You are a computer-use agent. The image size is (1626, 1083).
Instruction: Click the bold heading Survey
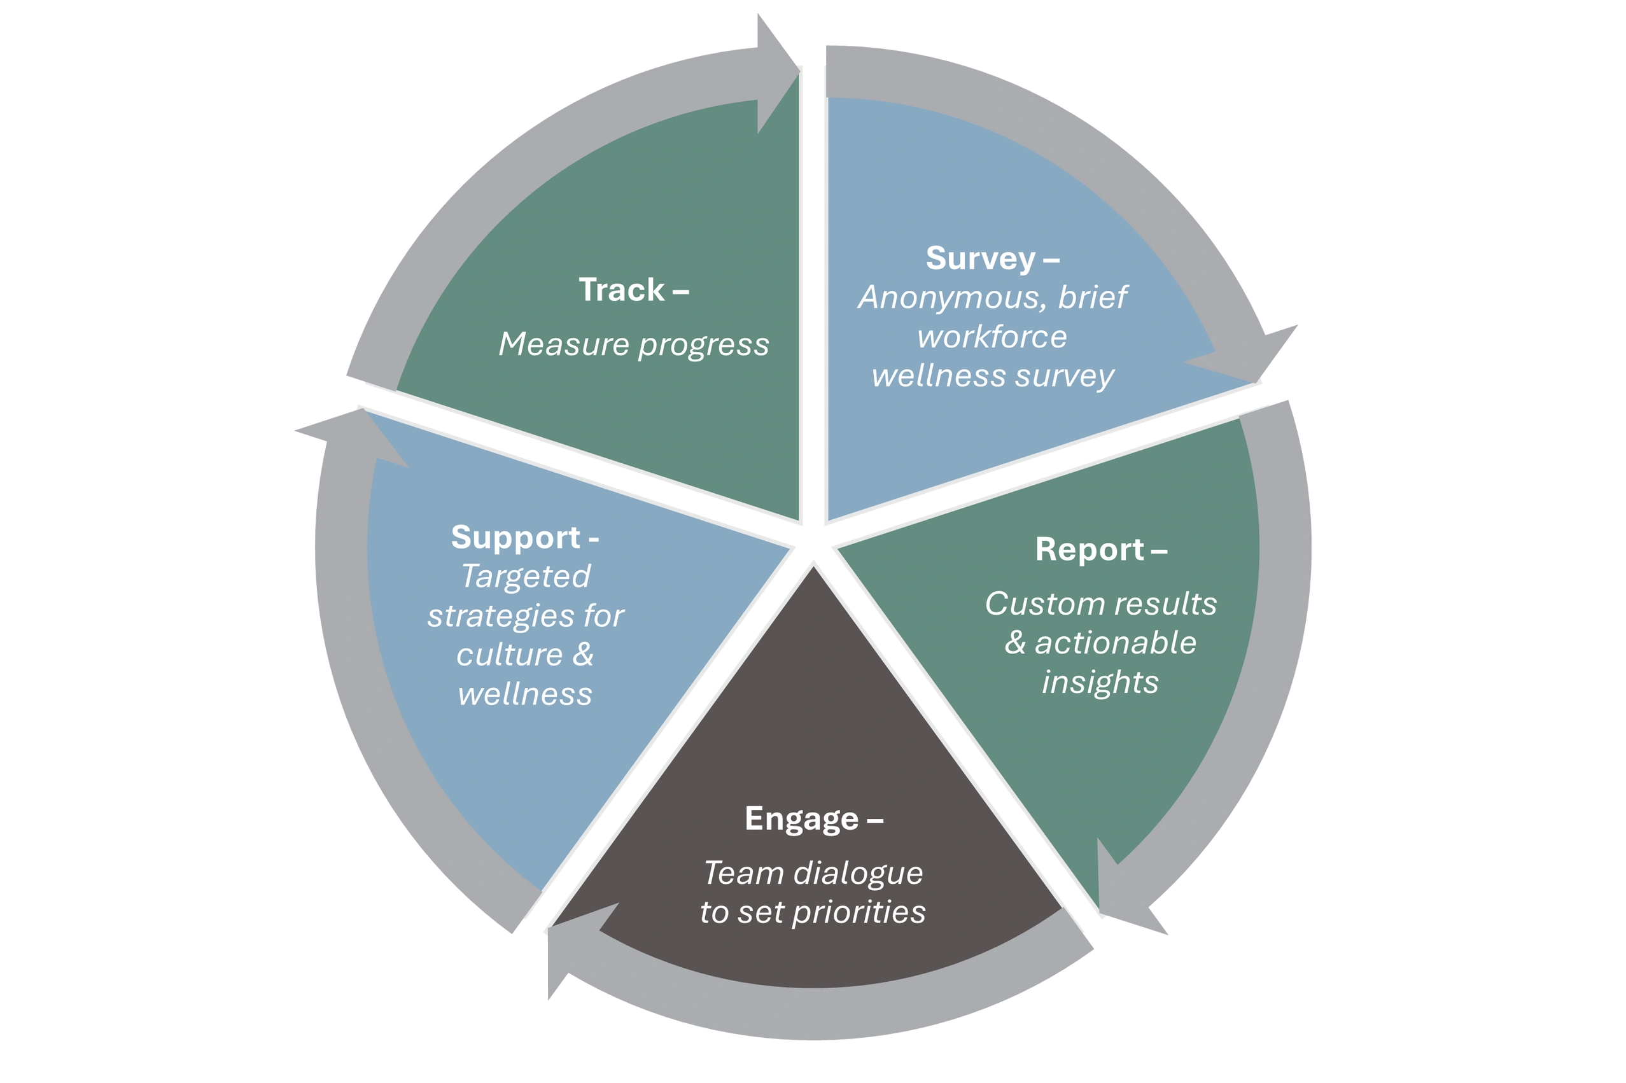coord(980,259)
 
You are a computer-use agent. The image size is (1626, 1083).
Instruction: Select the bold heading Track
coord(621,290)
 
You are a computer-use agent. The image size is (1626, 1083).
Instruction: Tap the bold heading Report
coord(1090,550)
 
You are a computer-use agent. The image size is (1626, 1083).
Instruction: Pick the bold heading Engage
coord(801,819)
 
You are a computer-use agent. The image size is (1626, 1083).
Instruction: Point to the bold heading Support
coord(515,537)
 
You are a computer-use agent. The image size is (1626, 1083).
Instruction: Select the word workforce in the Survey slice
coord(992,337)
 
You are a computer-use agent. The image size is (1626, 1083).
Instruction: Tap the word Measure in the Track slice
coord(563,344)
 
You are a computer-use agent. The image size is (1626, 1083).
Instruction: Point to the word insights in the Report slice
coord(1100,682)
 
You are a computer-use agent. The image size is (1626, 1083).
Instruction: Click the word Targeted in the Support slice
coord(525,576)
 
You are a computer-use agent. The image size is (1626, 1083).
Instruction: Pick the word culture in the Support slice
coord(510,655)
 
